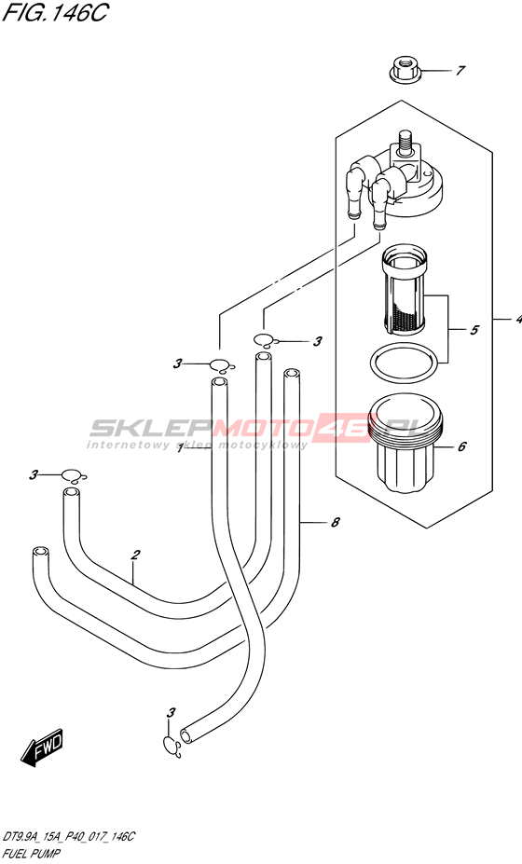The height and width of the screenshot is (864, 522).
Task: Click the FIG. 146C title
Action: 55,12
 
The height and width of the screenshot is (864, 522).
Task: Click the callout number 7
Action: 460,71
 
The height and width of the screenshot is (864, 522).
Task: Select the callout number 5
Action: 474,330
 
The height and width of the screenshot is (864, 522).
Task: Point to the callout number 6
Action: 462,446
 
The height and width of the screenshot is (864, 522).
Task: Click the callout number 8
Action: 335,522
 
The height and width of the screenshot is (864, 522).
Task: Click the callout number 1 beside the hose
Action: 180,448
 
